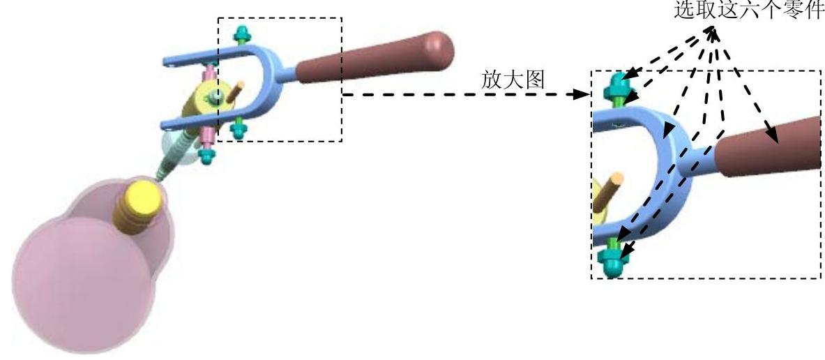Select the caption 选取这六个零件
point(748,12)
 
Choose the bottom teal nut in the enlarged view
point(612,264)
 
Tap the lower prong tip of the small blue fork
point(167,126)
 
